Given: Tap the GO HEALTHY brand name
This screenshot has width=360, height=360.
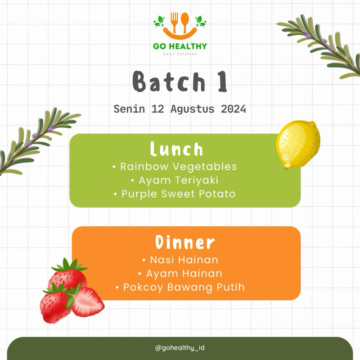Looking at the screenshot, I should point(180,46).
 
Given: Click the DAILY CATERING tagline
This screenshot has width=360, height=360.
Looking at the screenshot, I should point(180,54).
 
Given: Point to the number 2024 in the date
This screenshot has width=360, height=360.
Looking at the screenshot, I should point(233,109).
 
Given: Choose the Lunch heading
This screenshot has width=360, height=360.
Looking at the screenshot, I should point(176,149).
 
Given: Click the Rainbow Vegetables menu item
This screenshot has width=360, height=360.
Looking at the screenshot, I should point(178,166).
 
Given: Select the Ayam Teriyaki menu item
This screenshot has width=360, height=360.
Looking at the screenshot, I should point(179,180).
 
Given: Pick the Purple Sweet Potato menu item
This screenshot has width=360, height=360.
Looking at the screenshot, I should point(178,194).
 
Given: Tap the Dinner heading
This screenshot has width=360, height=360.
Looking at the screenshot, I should point(185,243).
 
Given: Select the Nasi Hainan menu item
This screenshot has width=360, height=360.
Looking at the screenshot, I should point(184,260).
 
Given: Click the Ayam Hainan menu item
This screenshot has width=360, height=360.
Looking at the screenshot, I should point(184,273).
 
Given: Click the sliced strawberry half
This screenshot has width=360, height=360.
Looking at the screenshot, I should point(88,302).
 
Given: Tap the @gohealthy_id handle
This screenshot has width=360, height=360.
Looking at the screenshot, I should point(180,348).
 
